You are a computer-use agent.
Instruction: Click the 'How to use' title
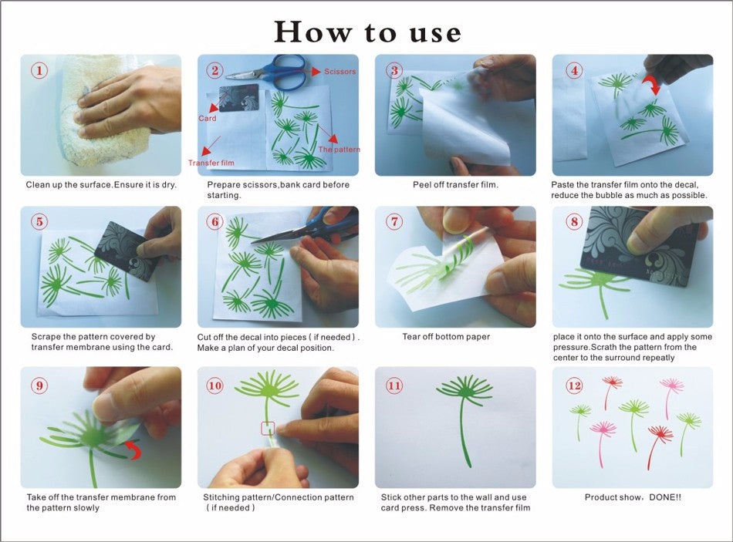coord(367,32)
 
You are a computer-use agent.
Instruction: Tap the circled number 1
coord(39,71)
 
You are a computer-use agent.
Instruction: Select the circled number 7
coord(394,221)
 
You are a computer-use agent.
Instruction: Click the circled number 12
coord(574,385)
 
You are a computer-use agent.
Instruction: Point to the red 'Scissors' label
coord(339,72)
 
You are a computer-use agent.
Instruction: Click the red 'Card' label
coord(207,118)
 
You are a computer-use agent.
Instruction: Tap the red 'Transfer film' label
coord(211,163)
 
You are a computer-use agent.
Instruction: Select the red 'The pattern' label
coord(339,150)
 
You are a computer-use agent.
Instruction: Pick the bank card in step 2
coord(238,98)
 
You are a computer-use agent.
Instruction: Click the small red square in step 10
coord(268,429)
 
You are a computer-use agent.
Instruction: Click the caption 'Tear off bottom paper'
coord(446,336)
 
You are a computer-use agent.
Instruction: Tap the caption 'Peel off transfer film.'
coord(455,184)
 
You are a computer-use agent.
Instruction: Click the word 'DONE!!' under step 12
coord(665,497)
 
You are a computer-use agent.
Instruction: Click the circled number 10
coord(214,385)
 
